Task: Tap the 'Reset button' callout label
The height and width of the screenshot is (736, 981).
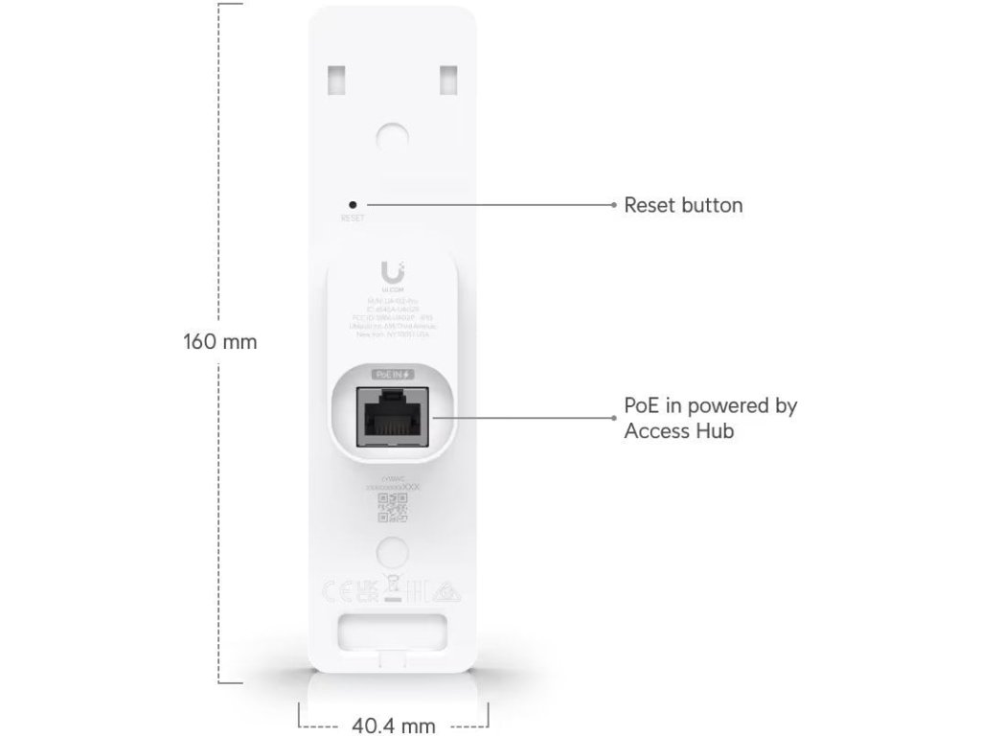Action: click(683, 205)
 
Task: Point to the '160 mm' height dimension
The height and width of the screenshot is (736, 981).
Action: click(220, 342)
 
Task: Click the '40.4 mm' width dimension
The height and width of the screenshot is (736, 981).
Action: click(394, 726)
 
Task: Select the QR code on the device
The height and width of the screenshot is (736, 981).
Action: click(393, 508)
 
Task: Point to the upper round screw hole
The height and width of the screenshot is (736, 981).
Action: click(393, 134)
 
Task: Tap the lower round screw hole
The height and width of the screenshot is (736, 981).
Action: click(393, 550)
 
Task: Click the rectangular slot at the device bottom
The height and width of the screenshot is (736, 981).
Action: click(394, 633)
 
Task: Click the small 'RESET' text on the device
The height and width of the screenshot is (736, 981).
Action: click(353, 218)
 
